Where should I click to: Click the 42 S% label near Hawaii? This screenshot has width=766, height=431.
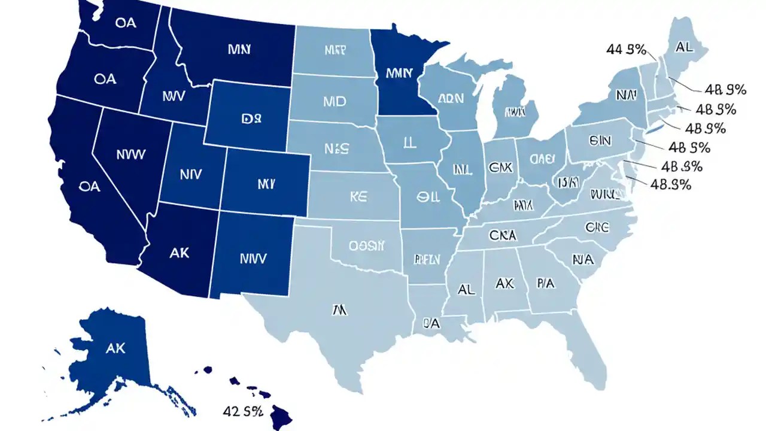pyautogui.click(x=243, y=411)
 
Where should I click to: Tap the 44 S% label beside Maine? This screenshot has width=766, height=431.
pyautogui.click(x=626, y=50)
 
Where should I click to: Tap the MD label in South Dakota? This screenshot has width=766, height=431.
pyautogui.click(x=335, y=101)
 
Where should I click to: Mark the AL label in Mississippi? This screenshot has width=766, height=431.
pyautogui.click(x=466, y=289)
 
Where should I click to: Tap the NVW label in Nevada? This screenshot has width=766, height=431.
pyautogui.click(x=130, y=154)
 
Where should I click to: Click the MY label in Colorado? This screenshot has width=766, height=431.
pyautogui.click(x=266, y=184)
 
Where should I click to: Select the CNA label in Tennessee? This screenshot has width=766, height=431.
pyautogui.click(x=504, y=234)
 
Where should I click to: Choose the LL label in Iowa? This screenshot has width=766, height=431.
pyautogui.click(x=409, y=141)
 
